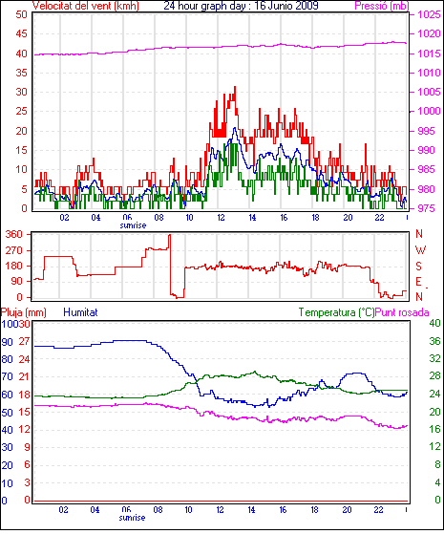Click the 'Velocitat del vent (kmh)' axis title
coord(86,6)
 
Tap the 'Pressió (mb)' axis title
coord(382,6)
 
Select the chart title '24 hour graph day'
coord(204,6)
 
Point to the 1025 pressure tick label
coord(429,14)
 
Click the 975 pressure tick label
coord(426,208)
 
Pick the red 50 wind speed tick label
coord(21,14)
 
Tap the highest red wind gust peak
coord(235,87)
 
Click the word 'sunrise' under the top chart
coord(133,225)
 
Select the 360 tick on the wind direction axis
coord(13,234)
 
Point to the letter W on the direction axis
coord(420,250)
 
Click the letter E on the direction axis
coord(418,282)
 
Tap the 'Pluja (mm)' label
coord(24,312)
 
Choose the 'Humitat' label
coord(81,312)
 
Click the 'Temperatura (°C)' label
coord(336,312)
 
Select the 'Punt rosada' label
coord(402,312)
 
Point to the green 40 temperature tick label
coord(434,323)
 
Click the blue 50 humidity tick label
coord(7,413)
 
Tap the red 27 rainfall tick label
coord(24,342)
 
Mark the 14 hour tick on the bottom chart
coord(252,510)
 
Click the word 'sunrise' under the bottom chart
coord(132,518)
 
